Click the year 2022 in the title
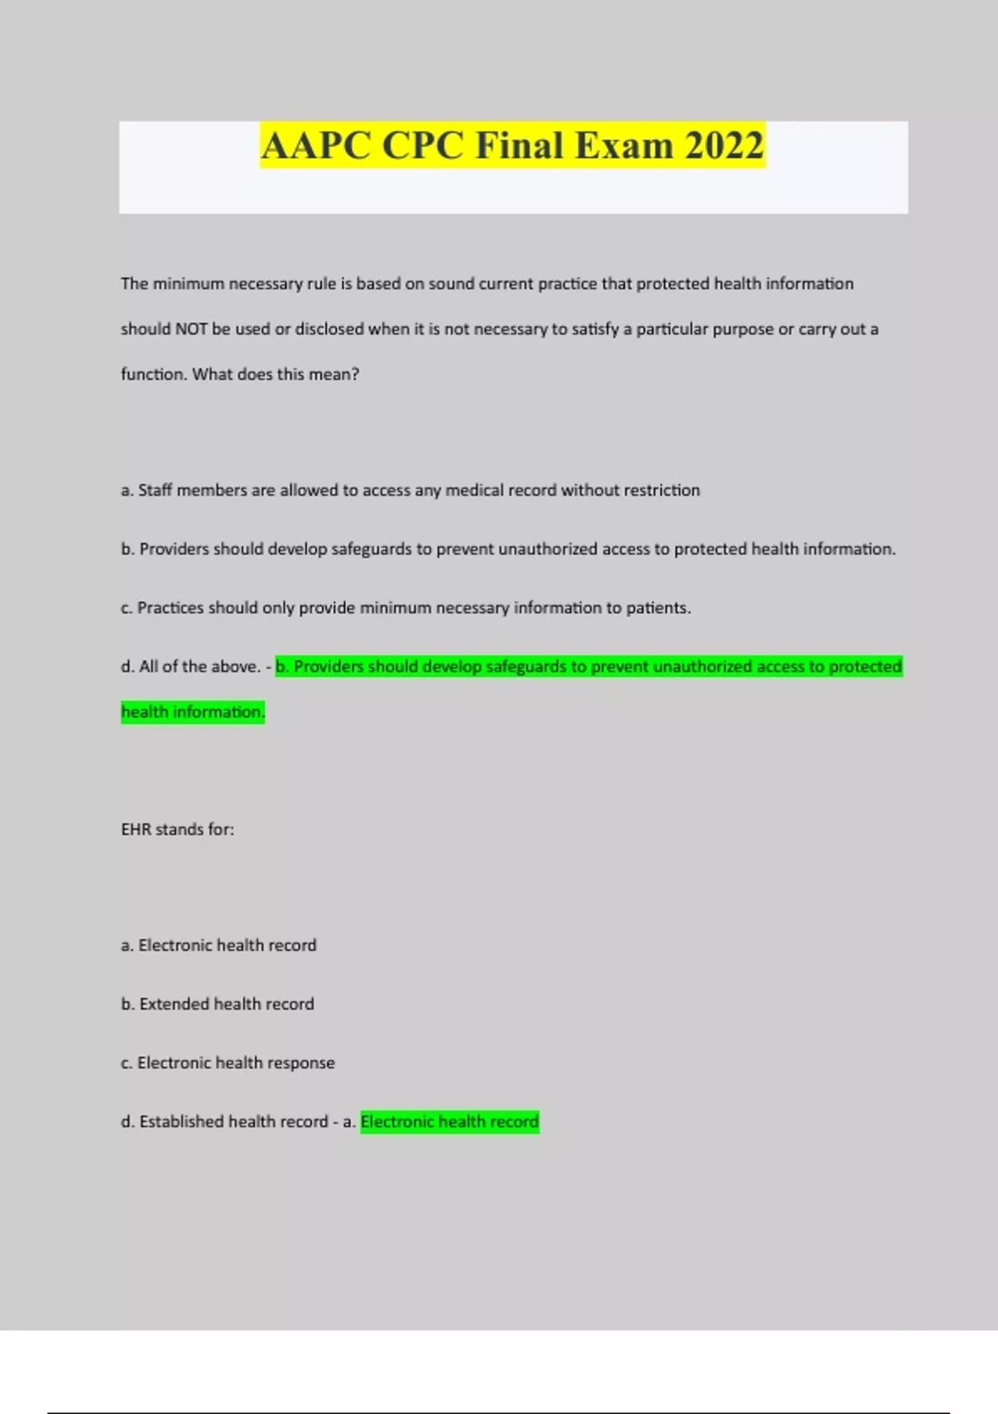click(x=724, y=146)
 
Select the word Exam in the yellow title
click(x=624, y=146)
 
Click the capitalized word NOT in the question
click(x=190, y=329)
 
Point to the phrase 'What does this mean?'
click(x=276, y=374)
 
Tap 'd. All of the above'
click(x=190, y=667)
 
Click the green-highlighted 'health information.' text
click(x=193, y=712)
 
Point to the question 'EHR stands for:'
click(x=177, y=829)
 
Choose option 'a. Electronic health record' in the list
click(x=219, y=946)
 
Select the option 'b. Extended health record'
click(x=218, y=1004)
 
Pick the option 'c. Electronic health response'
click(x=228, y=1063)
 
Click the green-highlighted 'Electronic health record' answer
click(x=449, y=1122)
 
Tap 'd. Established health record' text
click(x=225, y=1122)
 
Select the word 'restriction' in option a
click(x=661, y=491)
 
